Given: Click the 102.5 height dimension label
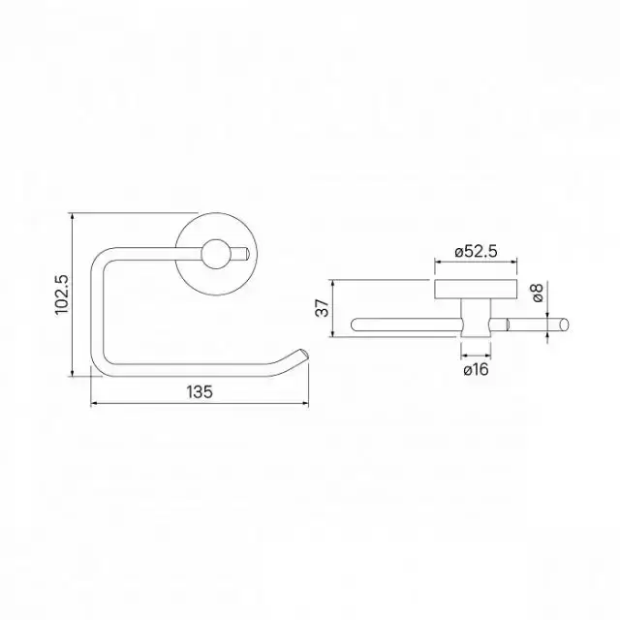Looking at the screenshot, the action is point(62,294).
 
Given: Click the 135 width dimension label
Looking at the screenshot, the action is point(200,391).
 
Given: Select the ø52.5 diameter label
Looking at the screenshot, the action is point(476,252).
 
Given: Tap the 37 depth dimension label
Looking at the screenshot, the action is point(323,308).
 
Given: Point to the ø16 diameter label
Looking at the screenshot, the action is point(476,370).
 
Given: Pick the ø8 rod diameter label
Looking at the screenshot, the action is point(538,293).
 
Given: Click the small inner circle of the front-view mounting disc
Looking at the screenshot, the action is point(216,254).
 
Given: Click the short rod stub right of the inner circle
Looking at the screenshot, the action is point(240,254).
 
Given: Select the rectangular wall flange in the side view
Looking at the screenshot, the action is point(476,289).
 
